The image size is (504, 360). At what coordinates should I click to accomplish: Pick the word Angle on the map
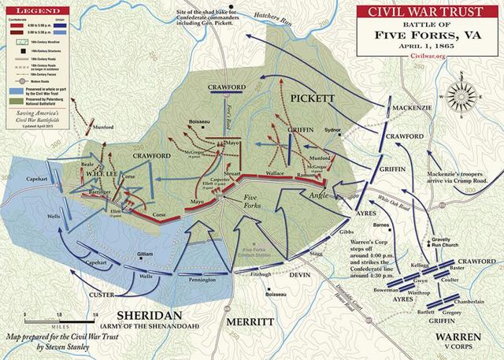tap(317, 195)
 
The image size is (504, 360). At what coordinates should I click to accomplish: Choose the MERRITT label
tap(250, 321)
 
